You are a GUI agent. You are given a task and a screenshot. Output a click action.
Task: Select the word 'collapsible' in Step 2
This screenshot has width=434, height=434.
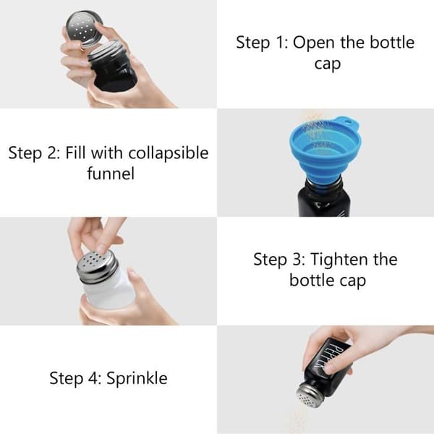pyautogui.click(x=169, y=154)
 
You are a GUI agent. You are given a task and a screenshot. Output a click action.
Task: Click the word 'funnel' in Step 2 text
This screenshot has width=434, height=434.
pyautogui.click(x=111, y=174)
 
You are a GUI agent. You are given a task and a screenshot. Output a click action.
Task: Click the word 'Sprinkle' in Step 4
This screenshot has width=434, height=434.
pyautogui.click(x=137, y=378)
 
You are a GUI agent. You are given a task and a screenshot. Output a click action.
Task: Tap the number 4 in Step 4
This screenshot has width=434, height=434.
pyautogui.click(x=93, y=378)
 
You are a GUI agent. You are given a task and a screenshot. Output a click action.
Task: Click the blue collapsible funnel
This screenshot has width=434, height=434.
pyautogui.click(x=323, y=152)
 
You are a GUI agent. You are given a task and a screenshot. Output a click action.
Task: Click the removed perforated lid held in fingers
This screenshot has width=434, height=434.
pyautogui.click(x=84, y=27)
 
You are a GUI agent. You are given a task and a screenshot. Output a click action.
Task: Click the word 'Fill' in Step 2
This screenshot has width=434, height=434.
pyautogui.click(x=75, y=153)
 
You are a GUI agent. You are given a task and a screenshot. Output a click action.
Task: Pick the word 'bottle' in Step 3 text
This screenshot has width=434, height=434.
pyautogui.click(x=310, y=280)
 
